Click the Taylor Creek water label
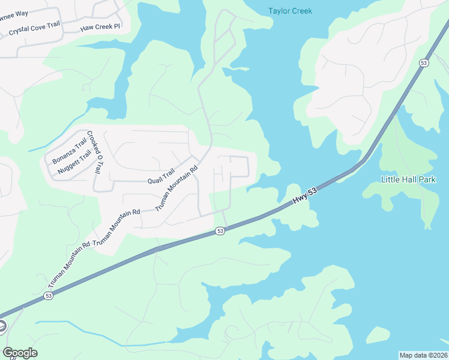(291, 11)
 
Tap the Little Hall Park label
(409, 179)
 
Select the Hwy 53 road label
(305, 196)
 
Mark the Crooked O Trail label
(93, 152)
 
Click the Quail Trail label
(160, 176)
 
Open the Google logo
(20, 353)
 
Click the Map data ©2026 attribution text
(423, 355)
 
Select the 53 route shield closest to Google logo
(48, 296)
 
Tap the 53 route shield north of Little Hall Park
(424, 63)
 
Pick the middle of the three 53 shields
(220, 231)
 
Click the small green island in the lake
(378, 335)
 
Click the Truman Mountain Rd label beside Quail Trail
(176, 189)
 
